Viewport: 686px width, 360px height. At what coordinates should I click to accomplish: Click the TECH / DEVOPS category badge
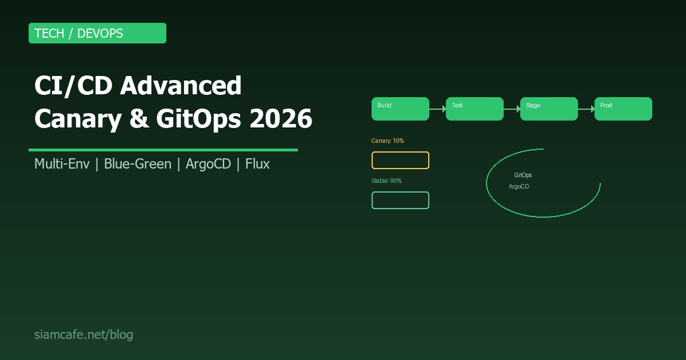point(97,33)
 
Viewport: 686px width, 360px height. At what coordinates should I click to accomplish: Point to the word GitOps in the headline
point(188,119)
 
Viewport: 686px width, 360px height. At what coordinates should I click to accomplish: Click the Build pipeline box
point(400,109)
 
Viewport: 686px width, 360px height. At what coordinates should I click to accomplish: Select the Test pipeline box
point(474,109)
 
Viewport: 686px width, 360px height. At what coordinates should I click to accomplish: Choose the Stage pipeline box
point(549,109)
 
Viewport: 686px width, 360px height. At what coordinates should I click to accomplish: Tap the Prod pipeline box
point(623,109)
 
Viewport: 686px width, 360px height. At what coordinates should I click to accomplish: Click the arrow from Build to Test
point(438,109)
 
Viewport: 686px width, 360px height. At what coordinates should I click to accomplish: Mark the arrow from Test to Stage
point(512,109)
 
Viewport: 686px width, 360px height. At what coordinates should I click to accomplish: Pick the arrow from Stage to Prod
point(587,109)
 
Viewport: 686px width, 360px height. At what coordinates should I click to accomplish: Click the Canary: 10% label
point(388,141)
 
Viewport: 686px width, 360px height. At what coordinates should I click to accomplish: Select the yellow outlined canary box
point(400,161)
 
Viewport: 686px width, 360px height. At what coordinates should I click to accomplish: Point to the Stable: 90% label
point(386,181)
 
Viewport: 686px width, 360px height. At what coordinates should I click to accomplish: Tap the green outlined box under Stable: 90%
point(400,201)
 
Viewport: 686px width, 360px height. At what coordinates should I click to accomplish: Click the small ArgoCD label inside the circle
point(519,186)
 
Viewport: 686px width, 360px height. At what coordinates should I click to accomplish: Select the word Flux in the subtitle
point(257,164)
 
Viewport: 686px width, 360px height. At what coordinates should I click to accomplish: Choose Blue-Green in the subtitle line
point(137,164)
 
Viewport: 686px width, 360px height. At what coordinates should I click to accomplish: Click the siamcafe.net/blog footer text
point(83,334)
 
